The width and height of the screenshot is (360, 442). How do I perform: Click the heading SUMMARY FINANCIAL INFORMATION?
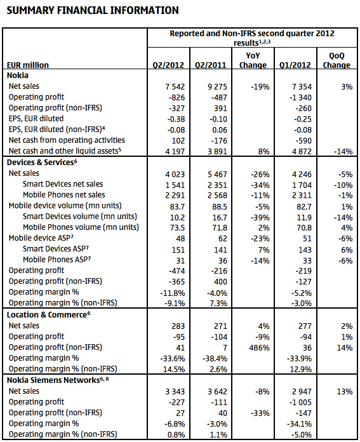point(93,10)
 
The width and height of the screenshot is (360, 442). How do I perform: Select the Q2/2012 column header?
point(168,65)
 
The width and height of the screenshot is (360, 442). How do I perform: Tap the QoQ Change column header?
point(337,60)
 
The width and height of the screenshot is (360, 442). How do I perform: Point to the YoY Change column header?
point(253,60)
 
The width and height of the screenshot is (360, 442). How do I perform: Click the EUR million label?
point(28,65)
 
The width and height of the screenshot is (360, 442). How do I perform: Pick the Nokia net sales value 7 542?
point(175,87)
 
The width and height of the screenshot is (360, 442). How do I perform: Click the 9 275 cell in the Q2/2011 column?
point(217,87)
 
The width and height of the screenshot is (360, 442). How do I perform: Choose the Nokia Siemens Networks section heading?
point(58,380)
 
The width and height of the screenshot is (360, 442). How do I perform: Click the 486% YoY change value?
point(259,348)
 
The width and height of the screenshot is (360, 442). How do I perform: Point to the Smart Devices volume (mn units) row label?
point(80,217)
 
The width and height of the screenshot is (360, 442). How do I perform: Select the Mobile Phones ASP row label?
point(57,259)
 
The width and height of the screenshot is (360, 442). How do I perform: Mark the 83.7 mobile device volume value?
point(177,206)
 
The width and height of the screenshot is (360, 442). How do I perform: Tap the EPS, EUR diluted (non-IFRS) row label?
point(57,130)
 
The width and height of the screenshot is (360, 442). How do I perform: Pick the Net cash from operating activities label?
point(67,140)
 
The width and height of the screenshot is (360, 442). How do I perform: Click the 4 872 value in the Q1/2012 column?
point(302,151)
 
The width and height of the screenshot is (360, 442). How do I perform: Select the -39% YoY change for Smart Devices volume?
point(260,218)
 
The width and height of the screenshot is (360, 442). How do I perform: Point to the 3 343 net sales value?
point(175,392)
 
